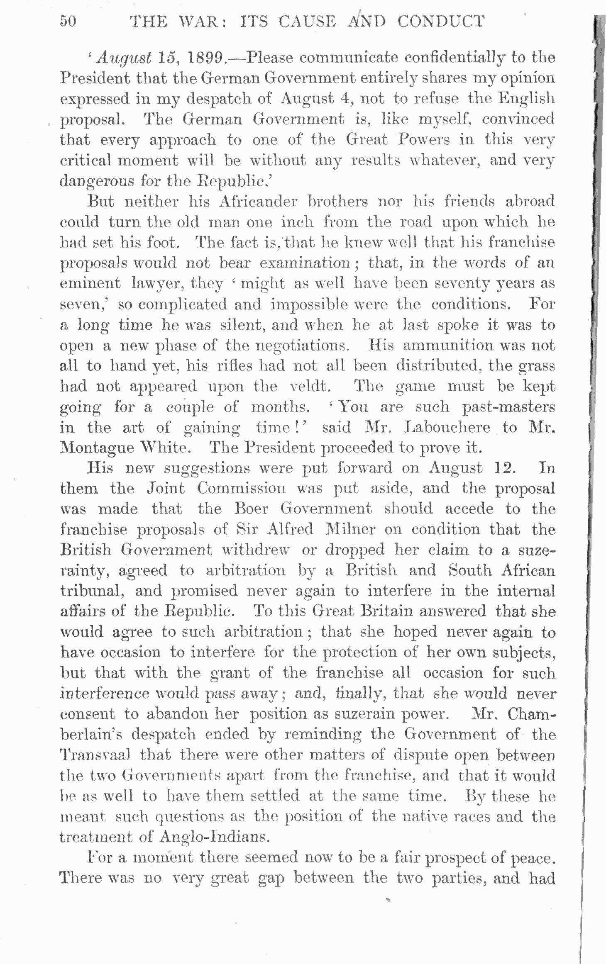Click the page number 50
[x=68, y=21]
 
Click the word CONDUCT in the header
[x=441, y=21]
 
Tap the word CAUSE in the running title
[x=307, y=21]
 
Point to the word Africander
[x=258, y=202]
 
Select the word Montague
[x=97, y=448]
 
